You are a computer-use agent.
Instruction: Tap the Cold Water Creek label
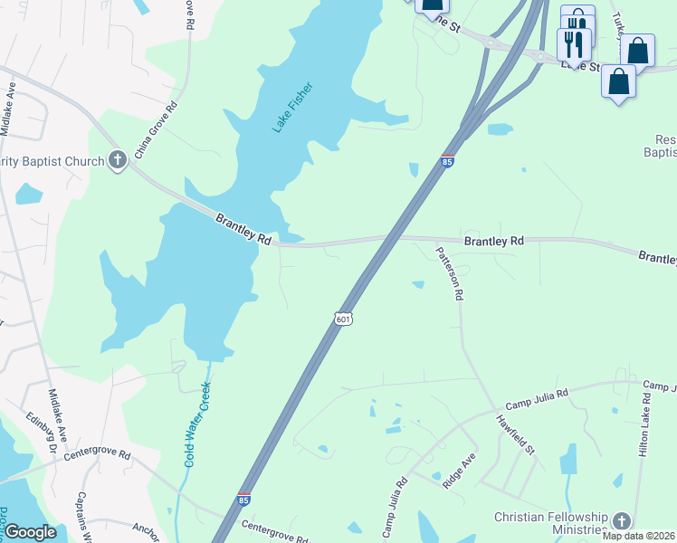click(197, 424)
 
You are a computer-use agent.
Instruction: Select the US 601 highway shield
click(342, 319)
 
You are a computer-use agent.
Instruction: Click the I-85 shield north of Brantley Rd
click(447, 160)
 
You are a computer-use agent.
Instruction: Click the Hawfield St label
click(516, 433)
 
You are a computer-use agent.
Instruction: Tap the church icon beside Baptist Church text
click(117, 161)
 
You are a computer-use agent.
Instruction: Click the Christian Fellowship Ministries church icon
click(621, 521)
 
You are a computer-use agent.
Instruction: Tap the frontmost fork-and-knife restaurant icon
click(574, 43)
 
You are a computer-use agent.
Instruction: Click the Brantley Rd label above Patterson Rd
click(494, 242)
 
